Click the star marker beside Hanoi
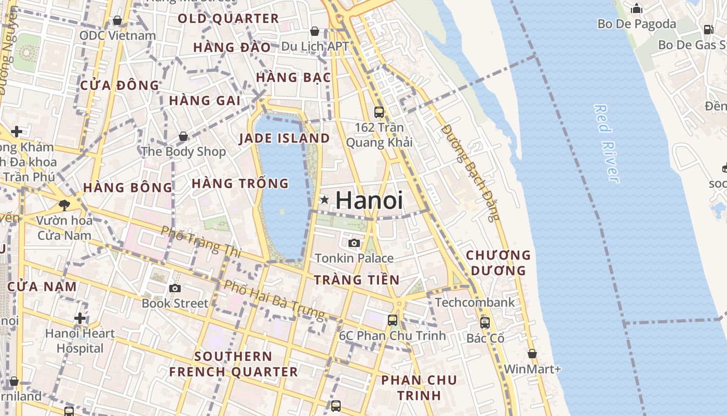[325, 200]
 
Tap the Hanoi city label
[369, 201]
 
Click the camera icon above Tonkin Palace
[354, 243]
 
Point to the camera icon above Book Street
[175, 288]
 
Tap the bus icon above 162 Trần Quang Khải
[379, 112]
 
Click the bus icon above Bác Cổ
[485, 323]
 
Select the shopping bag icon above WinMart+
[532, 354]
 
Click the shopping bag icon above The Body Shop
[183, 136]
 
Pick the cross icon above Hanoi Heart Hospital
[80, 318]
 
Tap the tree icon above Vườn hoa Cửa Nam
[64, 205]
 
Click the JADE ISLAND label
[284, 138]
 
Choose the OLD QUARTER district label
[228, 19]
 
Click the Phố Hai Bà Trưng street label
[274, 300]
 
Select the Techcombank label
[475, 303]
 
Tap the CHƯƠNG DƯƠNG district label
[498, 263]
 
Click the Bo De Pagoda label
[637, 24]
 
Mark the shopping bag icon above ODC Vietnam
[117, 20]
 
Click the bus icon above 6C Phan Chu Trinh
[393, 320]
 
